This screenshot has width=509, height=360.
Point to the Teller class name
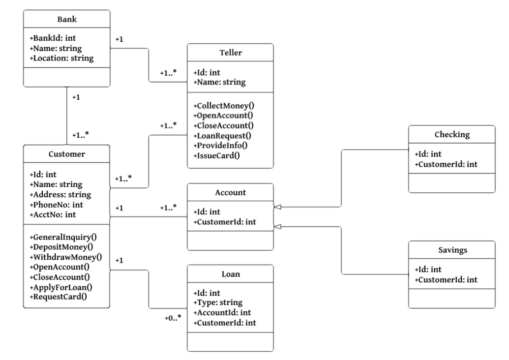[230, 53]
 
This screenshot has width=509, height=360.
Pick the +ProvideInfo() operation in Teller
[221, 146]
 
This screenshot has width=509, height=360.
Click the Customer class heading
[66, 154]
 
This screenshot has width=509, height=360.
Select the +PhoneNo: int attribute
[55, 205]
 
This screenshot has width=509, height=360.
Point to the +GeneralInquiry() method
[63, 237]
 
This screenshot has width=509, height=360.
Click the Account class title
[230, 193]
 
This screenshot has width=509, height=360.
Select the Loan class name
[230, 274]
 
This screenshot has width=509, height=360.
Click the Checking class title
[451, 134]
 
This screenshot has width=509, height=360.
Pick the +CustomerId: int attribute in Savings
[447, 280]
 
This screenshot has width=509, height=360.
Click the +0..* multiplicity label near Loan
[173, 318]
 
